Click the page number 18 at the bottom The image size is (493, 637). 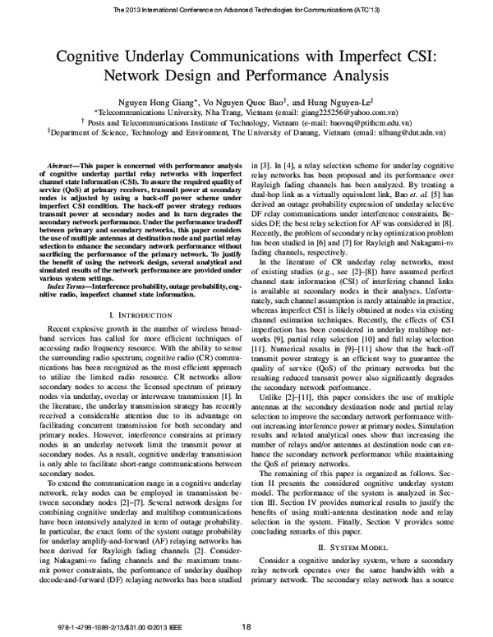click(246, 627)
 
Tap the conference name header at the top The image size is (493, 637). click(246, 10)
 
